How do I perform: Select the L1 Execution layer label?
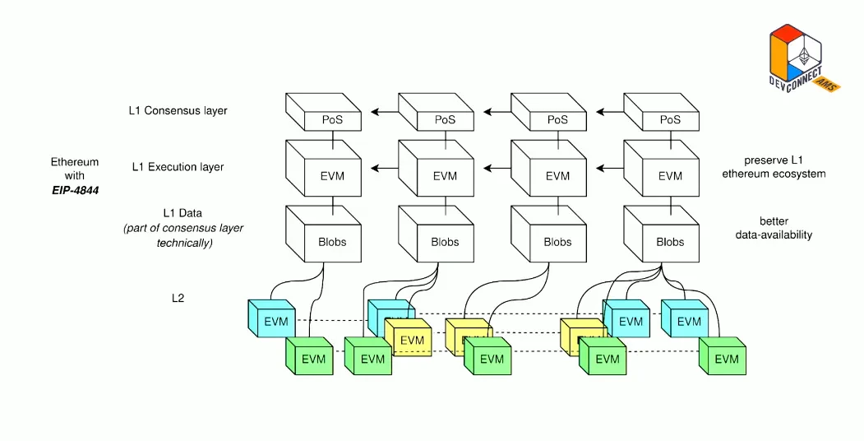click(178, 167)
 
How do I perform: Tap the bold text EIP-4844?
click(75, 190)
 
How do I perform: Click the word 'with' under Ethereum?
click(75, 175)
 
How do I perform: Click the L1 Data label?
click(178, 213)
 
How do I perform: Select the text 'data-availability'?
click(774, 235)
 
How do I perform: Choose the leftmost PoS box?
click(331, 120)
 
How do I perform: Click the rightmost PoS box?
click(670, 120)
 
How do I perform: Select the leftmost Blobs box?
click(331, 242)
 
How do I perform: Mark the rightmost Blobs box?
click(670, 242)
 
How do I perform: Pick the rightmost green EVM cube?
click(725, 359)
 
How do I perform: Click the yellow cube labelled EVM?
click(411, 340)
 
